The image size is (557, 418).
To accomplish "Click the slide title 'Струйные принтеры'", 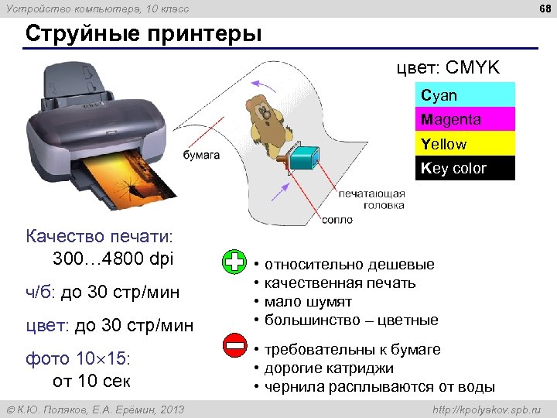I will tap(143, 35).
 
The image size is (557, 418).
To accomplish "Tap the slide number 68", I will tap(543, 9).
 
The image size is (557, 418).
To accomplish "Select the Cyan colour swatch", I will tap(465, 95).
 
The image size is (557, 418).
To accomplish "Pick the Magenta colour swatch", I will tap(465, 119).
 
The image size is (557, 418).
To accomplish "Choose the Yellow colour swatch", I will tap(465, 144).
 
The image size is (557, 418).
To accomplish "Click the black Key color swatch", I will tap(465, 168).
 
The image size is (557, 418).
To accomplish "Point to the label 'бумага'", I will tap(201, 155).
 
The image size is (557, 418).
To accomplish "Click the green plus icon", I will tap(234, 262).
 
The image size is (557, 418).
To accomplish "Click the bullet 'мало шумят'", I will tap(308, 301).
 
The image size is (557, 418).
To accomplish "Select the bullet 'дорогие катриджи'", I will tap(329, 368).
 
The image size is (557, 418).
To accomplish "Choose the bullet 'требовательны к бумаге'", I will tap(352, 349).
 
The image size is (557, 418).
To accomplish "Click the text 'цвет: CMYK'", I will tap(448, 68).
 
